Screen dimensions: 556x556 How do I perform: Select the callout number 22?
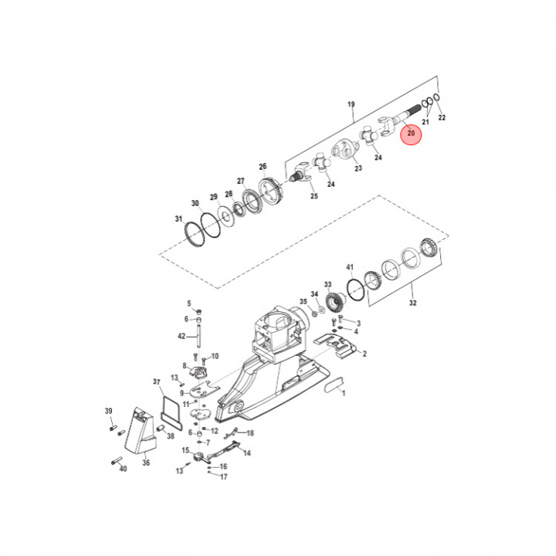442,118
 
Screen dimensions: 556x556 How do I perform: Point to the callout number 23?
358,168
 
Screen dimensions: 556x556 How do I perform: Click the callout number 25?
314,196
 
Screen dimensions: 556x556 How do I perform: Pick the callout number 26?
263,167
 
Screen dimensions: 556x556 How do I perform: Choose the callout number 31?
179,219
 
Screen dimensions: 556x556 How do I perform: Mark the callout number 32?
412,303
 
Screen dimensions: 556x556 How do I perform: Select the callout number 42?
182,336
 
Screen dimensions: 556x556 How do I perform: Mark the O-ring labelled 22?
437,98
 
